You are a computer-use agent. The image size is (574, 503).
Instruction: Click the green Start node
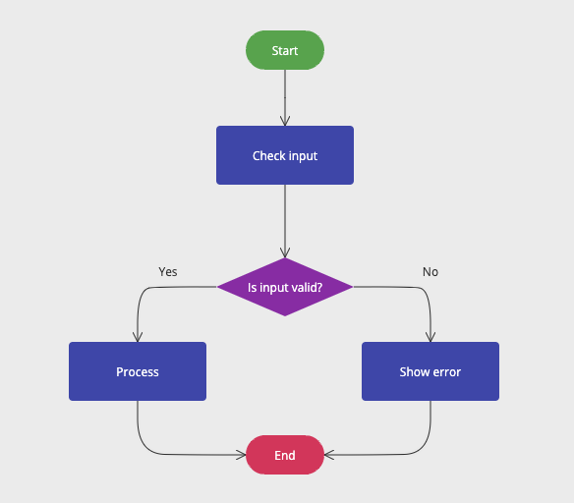[284, 50]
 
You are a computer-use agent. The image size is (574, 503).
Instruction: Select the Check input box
[284, 155]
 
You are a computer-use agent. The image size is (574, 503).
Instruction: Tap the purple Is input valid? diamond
[284, 287]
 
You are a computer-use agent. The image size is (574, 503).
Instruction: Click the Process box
[137, 371]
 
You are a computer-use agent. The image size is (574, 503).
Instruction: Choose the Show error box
[430, 371]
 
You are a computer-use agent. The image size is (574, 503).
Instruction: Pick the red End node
[284, 455]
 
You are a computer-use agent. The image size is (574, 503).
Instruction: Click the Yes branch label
[168, 271]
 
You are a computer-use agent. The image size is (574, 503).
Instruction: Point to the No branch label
[430, 271]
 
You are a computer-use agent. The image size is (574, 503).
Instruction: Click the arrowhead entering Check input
[285, 121]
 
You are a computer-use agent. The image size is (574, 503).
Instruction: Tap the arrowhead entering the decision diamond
[285, 252]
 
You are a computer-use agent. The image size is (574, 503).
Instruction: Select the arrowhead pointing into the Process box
[138, 336]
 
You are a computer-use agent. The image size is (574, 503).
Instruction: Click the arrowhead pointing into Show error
[430, 336]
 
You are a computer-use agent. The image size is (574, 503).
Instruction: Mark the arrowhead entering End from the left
[240, 455]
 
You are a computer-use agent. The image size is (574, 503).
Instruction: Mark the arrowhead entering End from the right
[329, 455]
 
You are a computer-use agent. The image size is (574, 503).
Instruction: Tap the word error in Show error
[445, 372]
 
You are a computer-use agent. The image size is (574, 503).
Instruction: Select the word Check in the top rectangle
[268, 155]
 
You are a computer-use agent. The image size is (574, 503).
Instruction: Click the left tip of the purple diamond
[219, 287]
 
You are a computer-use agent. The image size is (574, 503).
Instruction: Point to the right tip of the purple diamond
[351, 287]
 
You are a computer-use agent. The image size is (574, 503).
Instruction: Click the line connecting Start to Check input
[285, 93]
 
